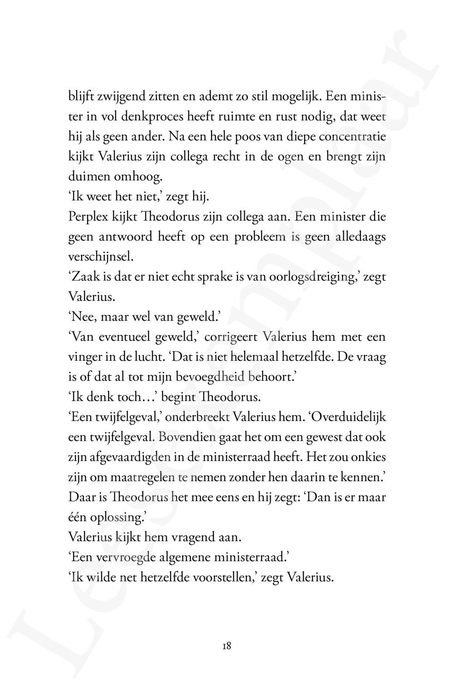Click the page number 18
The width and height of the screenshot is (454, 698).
[x=227, y=646]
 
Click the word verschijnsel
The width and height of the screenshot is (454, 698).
[x=101, y=257]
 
